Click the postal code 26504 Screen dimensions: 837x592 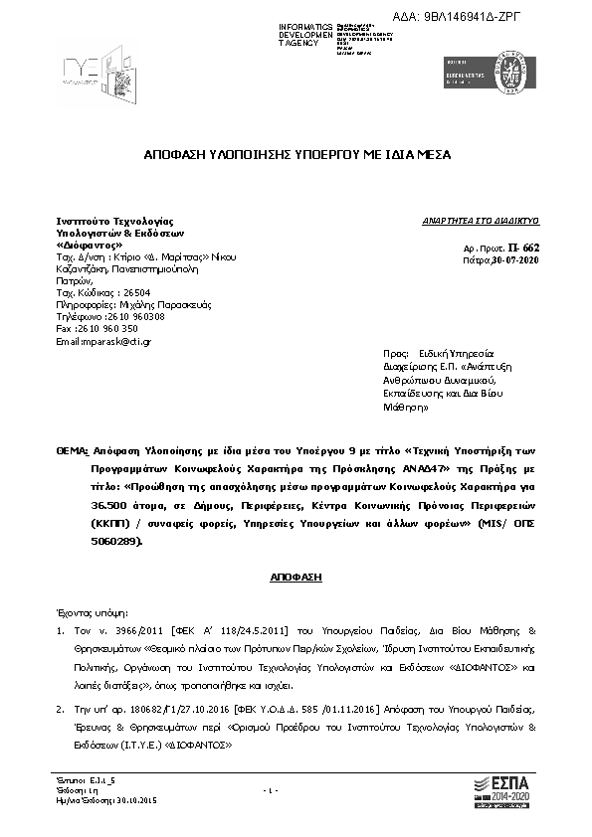point(131,293)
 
